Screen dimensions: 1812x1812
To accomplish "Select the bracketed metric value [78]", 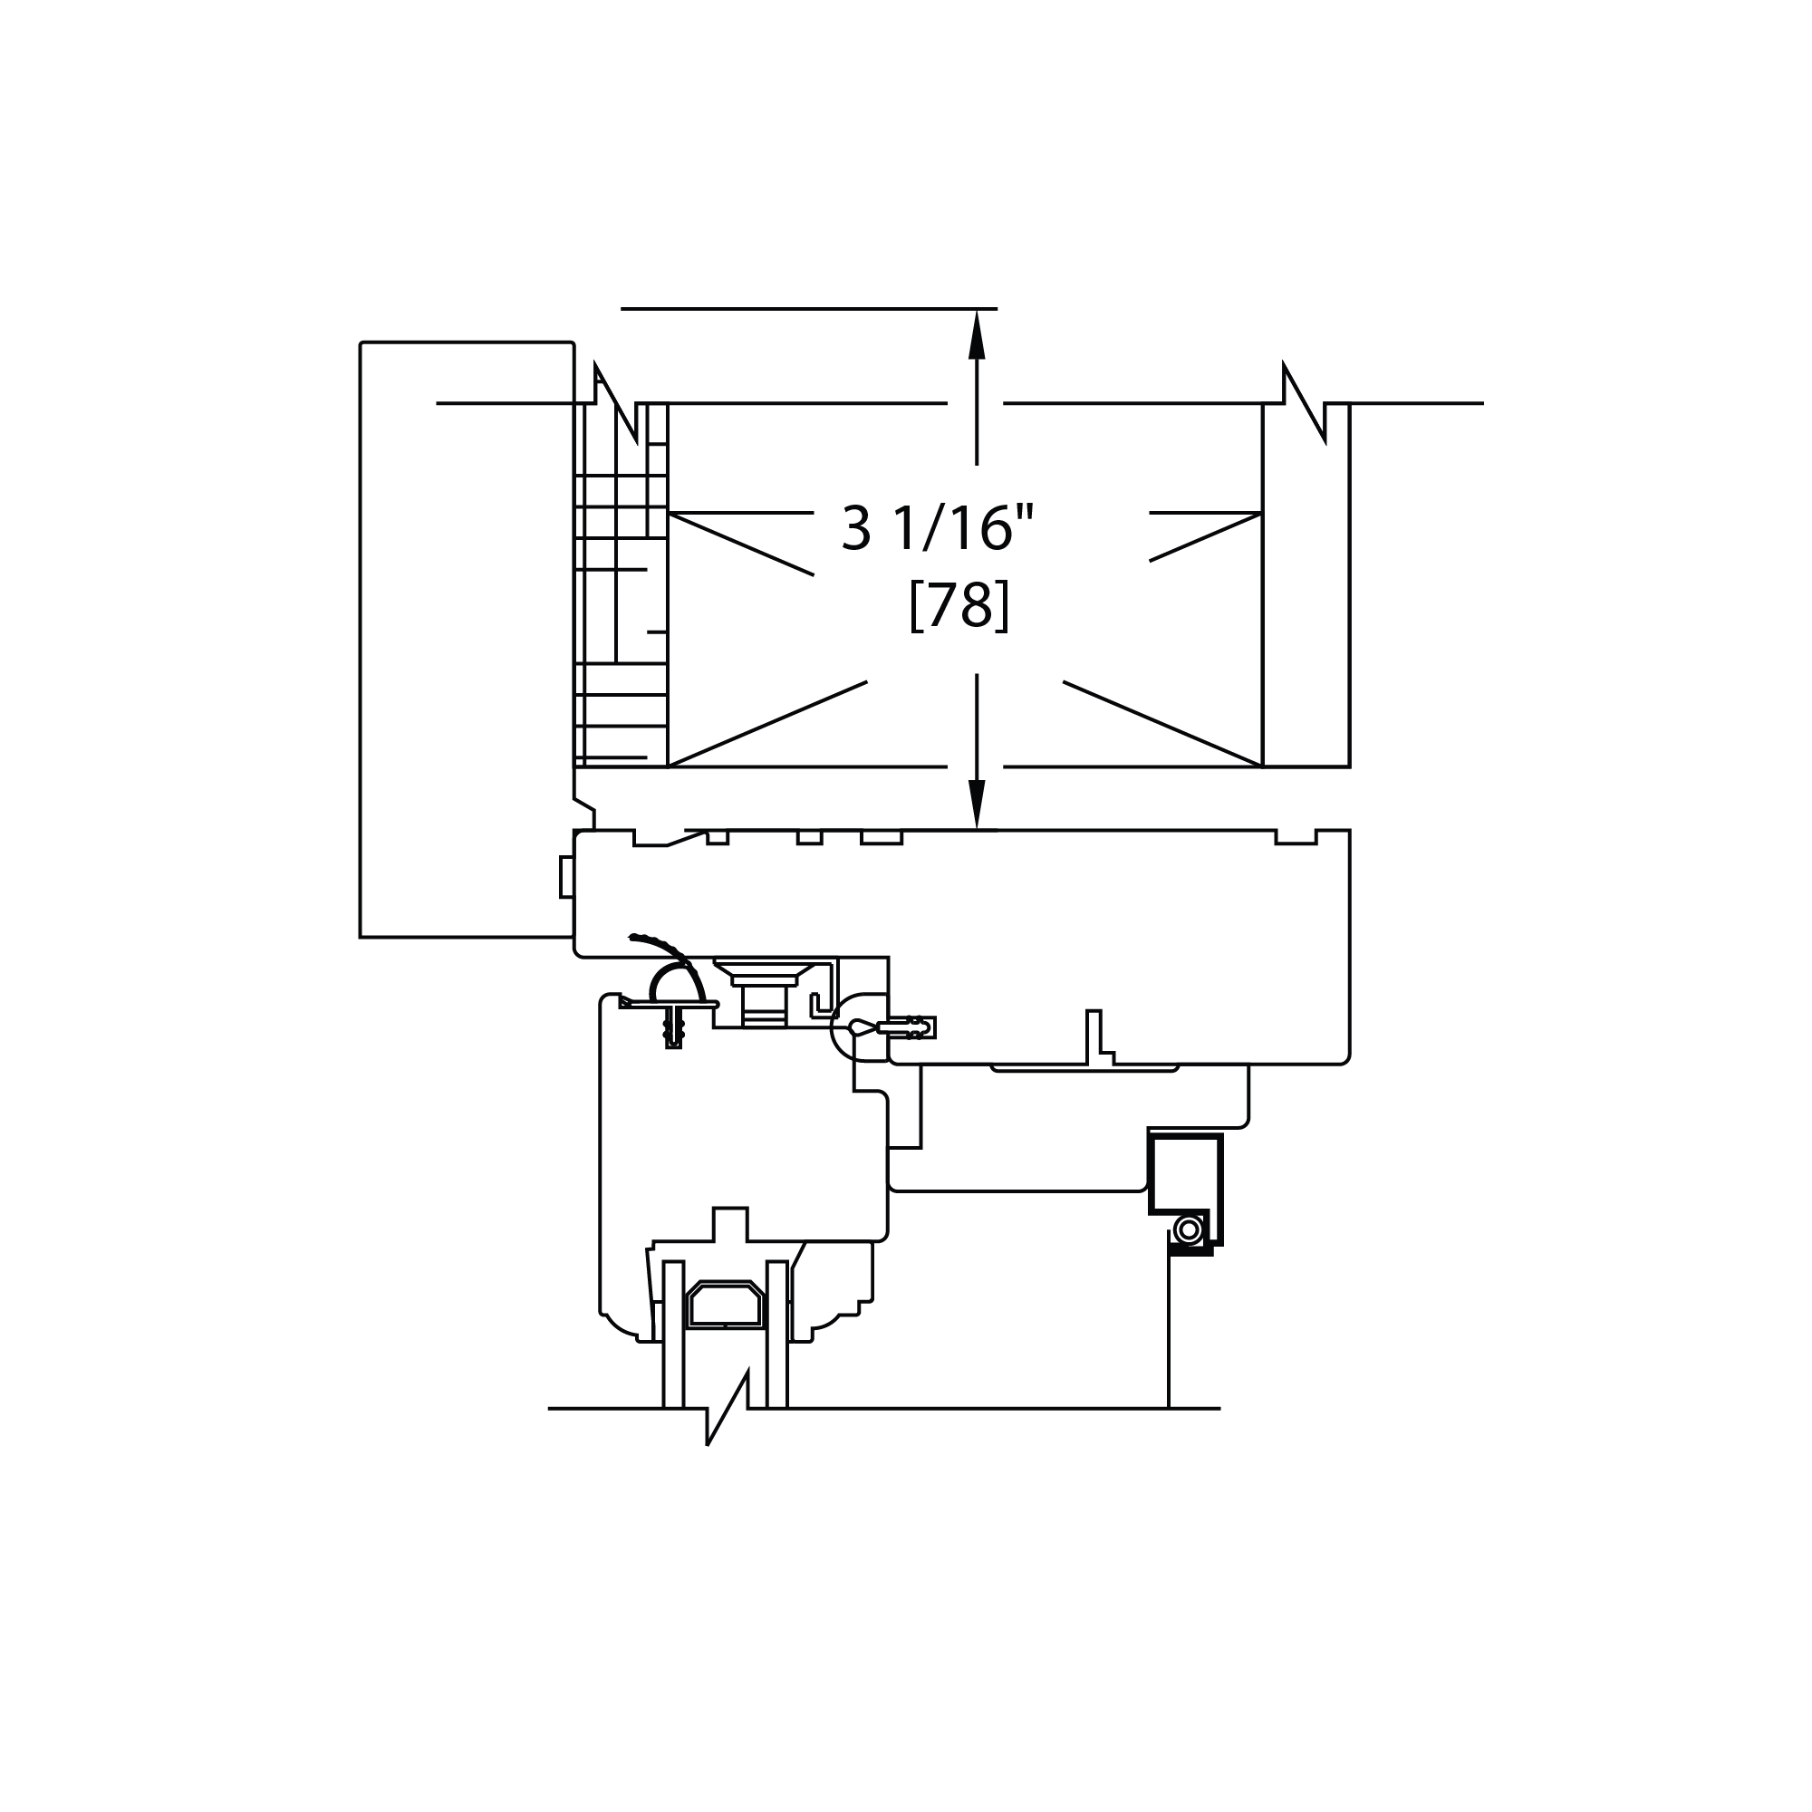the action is [x=959, y=605].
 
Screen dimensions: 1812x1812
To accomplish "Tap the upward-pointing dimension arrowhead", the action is [x=977, y=334].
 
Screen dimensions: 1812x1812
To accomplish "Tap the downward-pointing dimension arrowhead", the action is [x=977, y=804].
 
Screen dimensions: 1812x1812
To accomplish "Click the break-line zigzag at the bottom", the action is [x=728, y=1408].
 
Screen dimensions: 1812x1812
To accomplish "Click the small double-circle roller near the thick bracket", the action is [x=1189, y=1229].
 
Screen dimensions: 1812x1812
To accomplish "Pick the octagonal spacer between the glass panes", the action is [x=725, y=1305].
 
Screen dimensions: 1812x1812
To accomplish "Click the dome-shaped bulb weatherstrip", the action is [x=676, y=983].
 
